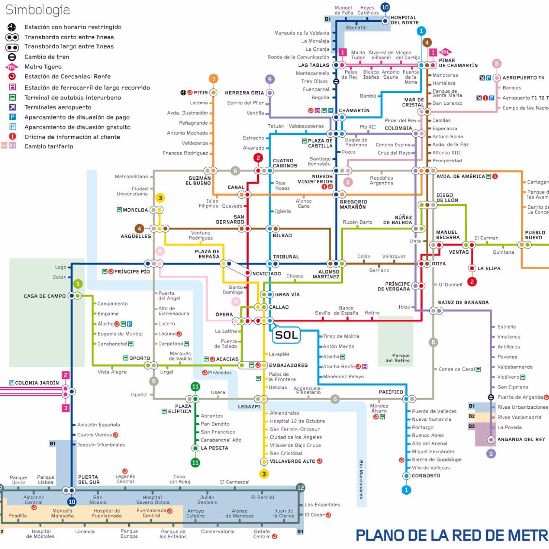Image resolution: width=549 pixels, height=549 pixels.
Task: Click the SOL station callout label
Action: [x=286, y=335]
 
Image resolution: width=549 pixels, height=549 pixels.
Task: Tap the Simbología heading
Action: [x=38, y=10]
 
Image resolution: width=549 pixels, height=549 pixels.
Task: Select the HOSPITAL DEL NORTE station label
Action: [x=404, y=20]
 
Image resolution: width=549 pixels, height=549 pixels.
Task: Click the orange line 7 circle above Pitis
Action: [x=213, y=79]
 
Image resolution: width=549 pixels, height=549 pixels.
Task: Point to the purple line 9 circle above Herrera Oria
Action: [x=269, y=79]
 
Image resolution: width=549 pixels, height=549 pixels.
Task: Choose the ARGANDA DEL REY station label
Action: [x=521, y=439]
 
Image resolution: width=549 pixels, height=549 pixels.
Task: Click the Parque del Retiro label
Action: [x=397, y=358]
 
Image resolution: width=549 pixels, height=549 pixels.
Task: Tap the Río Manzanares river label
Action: [x=361, y=479]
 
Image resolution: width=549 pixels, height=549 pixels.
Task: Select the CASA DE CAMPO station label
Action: [x=45, y=296]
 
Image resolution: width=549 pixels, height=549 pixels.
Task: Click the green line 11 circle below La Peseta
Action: [x=195, y=462]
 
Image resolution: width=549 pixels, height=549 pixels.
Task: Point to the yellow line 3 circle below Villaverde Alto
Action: [x=264, y=474]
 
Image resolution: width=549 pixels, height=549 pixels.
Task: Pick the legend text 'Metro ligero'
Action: [x=43, y=67]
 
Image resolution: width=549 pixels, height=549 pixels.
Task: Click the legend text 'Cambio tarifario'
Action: [x=49, y=146]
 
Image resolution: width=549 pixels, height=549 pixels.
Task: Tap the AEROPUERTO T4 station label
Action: [x=523, y=78]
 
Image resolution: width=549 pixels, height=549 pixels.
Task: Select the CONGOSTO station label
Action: [x=426, y=475]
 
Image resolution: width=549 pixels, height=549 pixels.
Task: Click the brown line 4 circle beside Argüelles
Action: [x=139, y=229]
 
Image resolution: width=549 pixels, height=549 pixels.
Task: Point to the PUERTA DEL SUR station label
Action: [x=88, y=479]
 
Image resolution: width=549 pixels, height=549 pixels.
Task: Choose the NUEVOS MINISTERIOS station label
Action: [x=315, y=179]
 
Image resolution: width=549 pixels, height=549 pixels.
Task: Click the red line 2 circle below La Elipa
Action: [x=472, y=282]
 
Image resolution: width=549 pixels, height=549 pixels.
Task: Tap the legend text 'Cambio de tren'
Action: [x=47, y=57]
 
